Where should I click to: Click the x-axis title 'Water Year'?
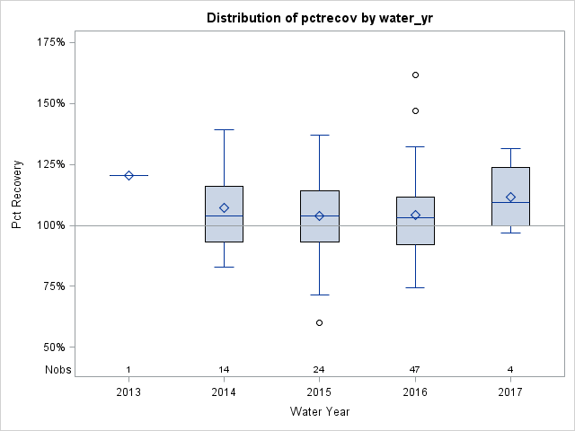click(x=320, y=411)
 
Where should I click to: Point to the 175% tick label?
click(x=50, y=42)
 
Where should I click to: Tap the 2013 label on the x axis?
click(x=128, y=392)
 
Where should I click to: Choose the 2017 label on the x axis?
click(x=510, y=392)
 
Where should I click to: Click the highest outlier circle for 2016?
click(x=415, y=75)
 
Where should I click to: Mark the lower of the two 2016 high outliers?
click(x=415, y=110)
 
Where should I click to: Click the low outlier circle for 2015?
click(x=320, y=322)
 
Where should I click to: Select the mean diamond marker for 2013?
click(x=128, y=175)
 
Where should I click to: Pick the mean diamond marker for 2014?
click(x=225, y=207)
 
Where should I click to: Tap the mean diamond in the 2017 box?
click(x=510, y=198)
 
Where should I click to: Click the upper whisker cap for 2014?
click(x=225, y=129)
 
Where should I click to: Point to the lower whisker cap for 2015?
click(x=320, y=295)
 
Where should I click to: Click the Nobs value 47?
click(x=415, y=370)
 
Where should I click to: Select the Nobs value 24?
click(x=320, y=370)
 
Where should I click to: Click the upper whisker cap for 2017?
click(x=510, y=148)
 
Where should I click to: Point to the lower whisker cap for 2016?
click(x=415, y=287)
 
